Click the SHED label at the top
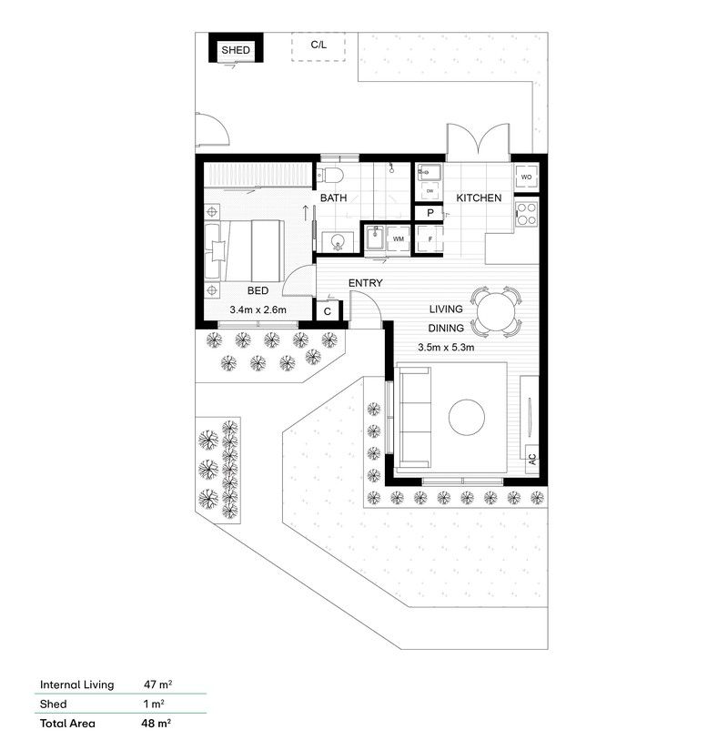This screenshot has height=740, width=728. (237, 50)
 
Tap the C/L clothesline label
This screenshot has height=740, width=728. (318, 44)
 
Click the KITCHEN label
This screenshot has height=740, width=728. (479, 198)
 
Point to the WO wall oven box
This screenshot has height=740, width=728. (526, 177)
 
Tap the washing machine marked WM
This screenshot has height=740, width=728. (398, 238)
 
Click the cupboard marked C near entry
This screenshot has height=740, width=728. (328, 311)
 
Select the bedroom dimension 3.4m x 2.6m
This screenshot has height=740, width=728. (258, 310)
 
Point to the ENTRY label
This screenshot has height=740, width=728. (365, 284)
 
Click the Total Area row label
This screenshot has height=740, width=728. (68, 725)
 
